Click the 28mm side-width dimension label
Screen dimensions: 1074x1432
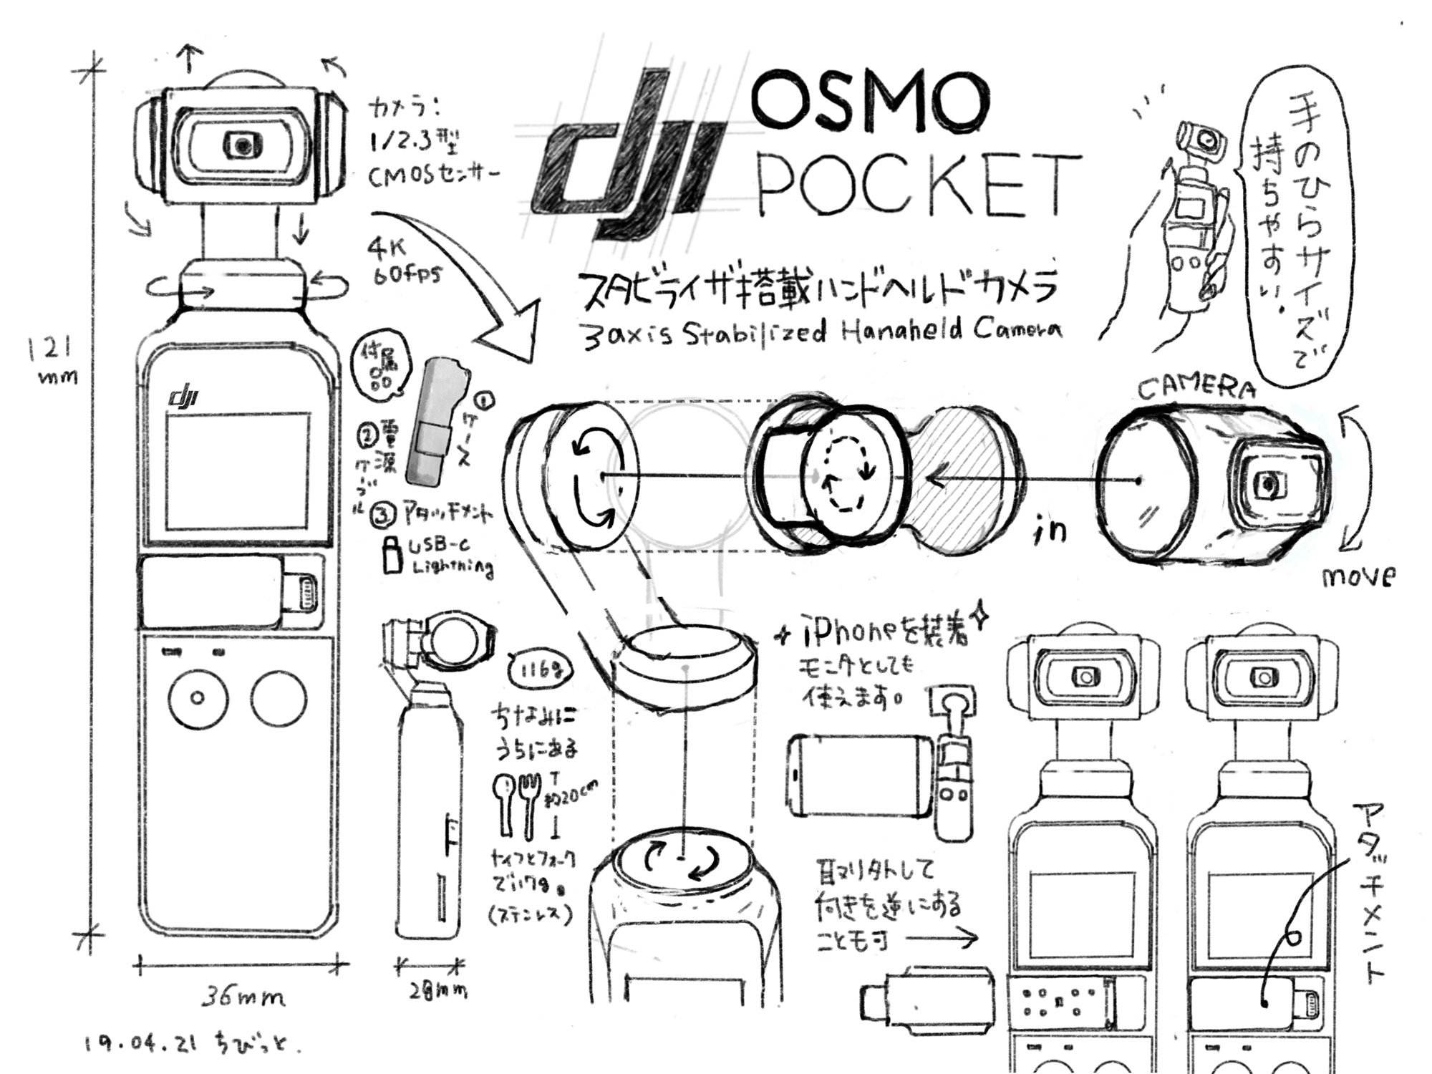[437, 992]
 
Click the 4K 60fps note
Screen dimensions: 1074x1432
[405, 261]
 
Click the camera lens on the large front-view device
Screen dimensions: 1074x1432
[243, 146]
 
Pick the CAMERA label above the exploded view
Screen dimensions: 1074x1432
[1196, 388]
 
